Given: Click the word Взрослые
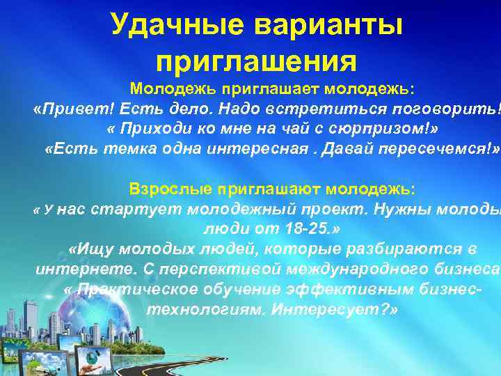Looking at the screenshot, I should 170,189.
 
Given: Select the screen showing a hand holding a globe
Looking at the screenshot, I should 91,359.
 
